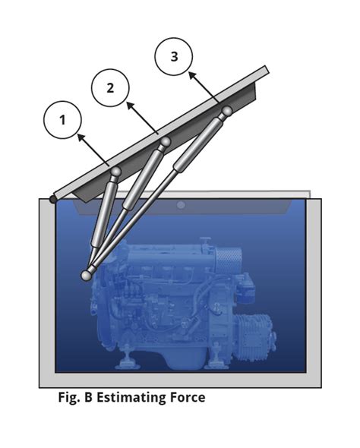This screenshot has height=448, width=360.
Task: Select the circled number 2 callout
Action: point(111,87)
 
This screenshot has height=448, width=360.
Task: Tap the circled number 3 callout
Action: point(174,58)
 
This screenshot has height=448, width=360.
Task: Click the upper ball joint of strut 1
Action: point(115,173)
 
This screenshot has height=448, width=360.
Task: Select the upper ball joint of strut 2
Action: point(164,142)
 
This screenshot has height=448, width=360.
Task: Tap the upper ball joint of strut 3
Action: point(226,112)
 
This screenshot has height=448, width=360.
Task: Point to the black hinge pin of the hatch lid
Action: point(52,199)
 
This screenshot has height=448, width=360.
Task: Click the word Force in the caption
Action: point(187,397)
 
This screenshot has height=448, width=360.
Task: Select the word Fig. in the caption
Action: point(70,397)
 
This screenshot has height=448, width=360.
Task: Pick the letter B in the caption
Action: point(90,397)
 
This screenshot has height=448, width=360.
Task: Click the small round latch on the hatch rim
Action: point(180,205)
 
